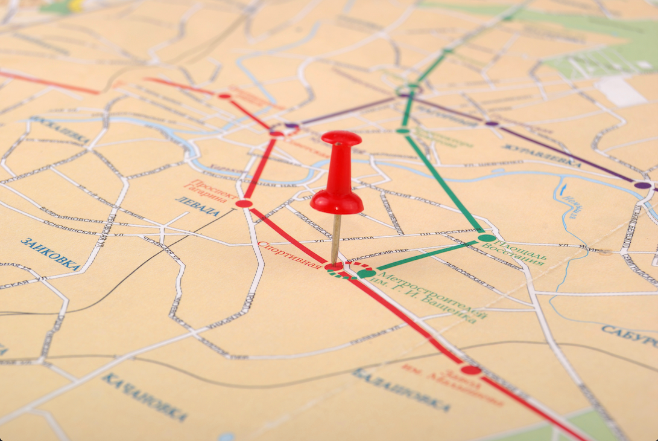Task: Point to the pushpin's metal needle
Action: pos(336,239)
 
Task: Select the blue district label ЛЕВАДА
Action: pos(198,207)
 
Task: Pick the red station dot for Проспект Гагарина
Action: pos(244,204)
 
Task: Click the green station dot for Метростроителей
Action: pos(366,273)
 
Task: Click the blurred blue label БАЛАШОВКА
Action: pos(401,390)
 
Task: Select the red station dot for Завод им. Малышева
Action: pos(471,370)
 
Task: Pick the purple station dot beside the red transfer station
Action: pos(292,126)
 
